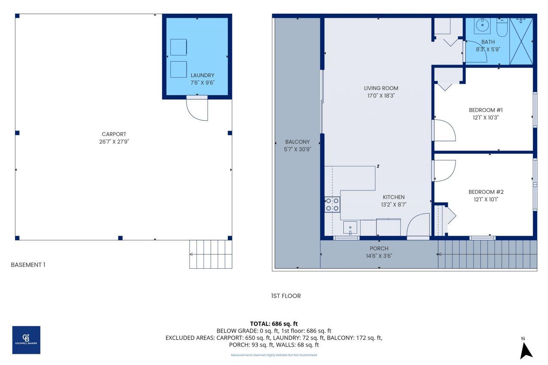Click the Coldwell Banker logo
26,340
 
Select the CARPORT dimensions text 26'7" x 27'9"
114,142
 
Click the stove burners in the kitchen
332,204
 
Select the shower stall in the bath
521,42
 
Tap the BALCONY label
297,142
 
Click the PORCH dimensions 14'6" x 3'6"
379,256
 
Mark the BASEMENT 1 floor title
28,265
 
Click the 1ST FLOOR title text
286,296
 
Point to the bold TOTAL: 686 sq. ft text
274,323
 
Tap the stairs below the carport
211,254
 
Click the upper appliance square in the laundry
179,47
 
